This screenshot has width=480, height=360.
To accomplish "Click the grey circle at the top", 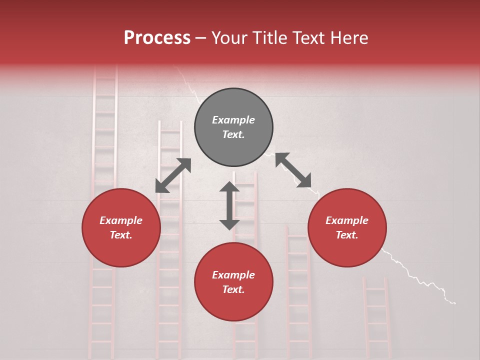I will (x=233, y=127).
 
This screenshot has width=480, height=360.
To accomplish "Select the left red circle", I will (x=121, y=228).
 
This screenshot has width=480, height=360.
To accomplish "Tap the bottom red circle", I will (x=233, y=282).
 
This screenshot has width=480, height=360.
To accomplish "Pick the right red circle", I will (x=347, y=228).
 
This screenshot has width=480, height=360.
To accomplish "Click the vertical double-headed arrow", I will (x=229, y=205).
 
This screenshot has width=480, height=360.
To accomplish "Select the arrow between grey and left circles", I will (x=173, y=175).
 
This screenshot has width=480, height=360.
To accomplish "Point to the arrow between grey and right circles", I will (x=293, y=170).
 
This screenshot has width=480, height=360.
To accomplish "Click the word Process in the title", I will (x=157, y=38).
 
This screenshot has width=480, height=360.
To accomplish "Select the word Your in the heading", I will (x=229, y=38).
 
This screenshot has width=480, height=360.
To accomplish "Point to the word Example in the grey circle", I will (x=233, y=120).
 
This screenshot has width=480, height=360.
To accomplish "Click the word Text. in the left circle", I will (x=121, y=235).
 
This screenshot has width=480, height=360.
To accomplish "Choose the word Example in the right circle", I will (x=347, y=220).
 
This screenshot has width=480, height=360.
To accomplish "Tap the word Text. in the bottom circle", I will (x=233, y=289).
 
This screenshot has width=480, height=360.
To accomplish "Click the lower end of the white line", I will (x=454, y=303).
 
